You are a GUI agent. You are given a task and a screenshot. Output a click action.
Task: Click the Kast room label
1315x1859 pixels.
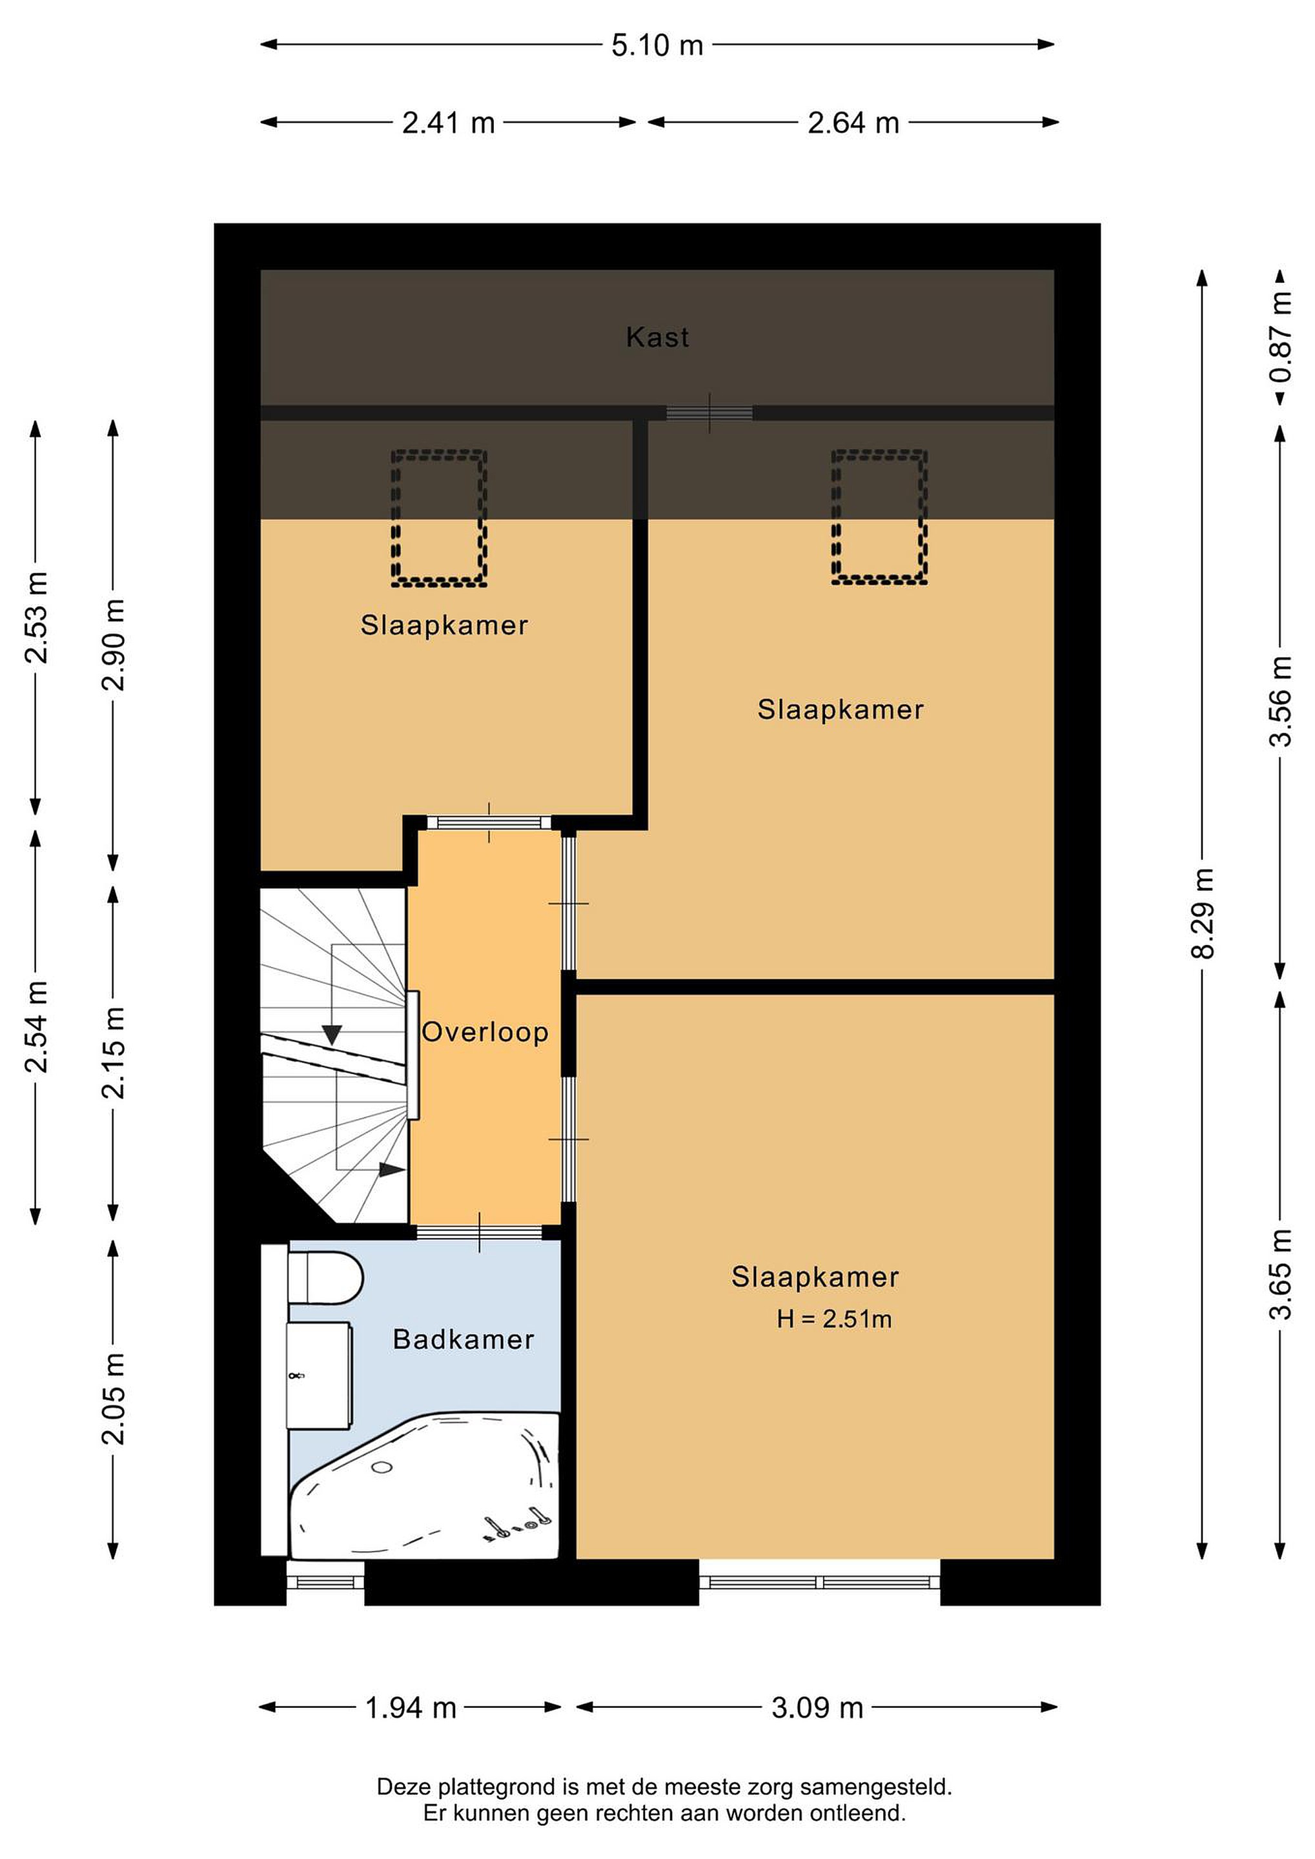click(x=657, y=337)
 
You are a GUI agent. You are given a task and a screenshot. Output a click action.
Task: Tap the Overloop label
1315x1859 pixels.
click(x=485, y=1032)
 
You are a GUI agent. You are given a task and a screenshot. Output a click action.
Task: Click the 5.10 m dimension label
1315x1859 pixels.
click(x=657, y=45)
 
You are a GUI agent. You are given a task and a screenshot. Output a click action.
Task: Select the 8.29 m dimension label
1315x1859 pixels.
click(x=1203, y=913)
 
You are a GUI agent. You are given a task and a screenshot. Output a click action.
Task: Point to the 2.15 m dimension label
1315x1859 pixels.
click(x=114, y=1053)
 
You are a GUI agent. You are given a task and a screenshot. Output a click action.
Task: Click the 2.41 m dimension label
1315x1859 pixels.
click(x=449, y=123)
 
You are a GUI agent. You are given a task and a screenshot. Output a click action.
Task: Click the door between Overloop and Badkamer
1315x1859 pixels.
click(x=480, y=1232)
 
